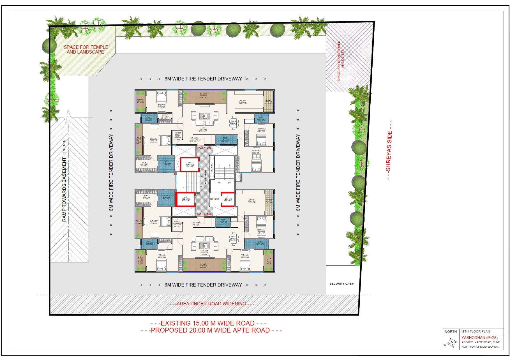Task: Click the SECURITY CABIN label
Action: (342, 284)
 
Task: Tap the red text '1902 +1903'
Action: (204, 147)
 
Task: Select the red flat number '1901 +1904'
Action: (204, 214)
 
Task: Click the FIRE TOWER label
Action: (215, 199)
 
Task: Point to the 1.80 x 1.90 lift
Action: (227, 199)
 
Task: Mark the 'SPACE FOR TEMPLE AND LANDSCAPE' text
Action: (86, 50)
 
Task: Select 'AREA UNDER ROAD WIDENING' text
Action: (212, 304)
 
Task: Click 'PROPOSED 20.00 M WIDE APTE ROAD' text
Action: (211, 330)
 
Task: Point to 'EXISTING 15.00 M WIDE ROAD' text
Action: (208, 323)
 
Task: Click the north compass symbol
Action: (451, 343)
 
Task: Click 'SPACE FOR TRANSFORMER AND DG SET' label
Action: (340, 61)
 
